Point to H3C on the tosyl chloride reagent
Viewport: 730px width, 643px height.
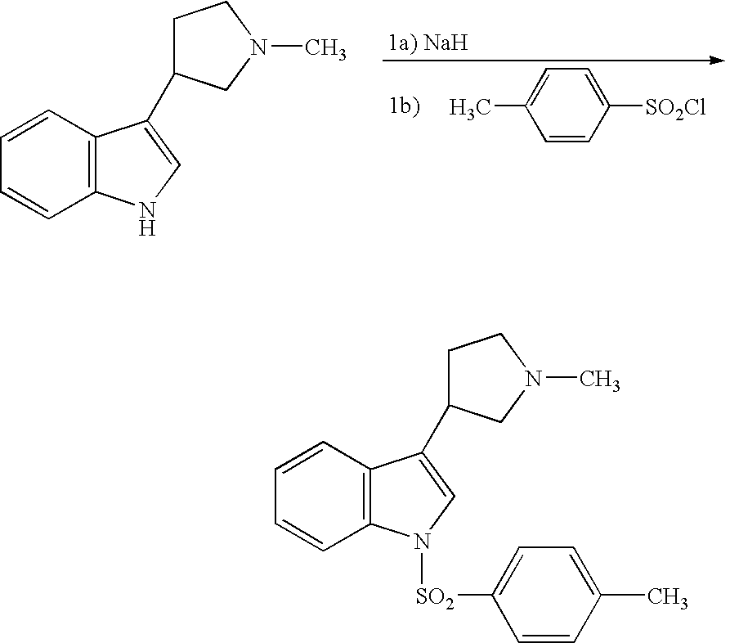tap(470, 108)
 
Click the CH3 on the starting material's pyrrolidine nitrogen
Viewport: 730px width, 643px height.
tap(325, 51)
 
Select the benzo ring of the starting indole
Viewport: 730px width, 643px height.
tap(50, 164)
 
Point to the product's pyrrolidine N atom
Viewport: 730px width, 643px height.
tap(533, 379)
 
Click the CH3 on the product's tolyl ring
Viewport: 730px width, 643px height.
tap(666, 597)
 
